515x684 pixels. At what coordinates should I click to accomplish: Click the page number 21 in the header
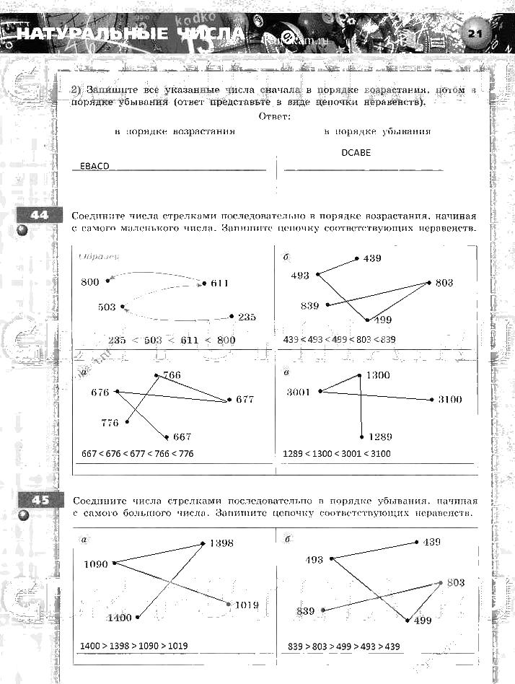(x=474, y=33)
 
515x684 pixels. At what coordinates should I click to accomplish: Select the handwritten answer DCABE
(x=356, y=154)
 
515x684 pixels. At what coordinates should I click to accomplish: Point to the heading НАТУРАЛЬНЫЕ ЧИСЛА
(x=131, y=35)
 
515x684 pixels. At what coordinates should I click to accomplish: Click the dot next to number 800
(x=107, y=281)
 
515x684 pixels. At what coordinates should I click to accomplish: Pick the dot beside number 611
(x=204, y=284)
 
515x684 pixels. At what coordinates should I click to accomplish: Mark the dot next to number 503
(x=123, y=307)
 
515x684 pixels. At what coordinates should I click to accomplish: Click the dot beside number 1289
(x=361, y=437)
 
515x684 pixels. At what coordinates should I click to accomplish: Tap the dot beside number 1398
(x=204, y=544)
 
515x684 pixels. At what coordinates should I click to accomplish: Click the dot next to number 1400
(x=138, y=617)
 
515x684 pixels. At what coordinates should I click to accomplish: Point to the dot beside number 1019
(x=229, y=604)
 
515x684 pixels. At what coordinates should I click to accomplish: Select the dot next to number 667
(x=167, y=437)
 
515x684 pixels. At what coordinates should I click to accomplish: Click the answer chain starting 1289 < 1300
(x=337, y=454)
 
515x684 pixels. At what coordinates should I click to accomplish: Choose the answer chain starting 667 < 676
(x=138, y=454)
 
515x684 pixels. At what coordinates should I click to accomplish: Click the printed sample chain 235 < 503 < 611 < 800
(x=171, y=339)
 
